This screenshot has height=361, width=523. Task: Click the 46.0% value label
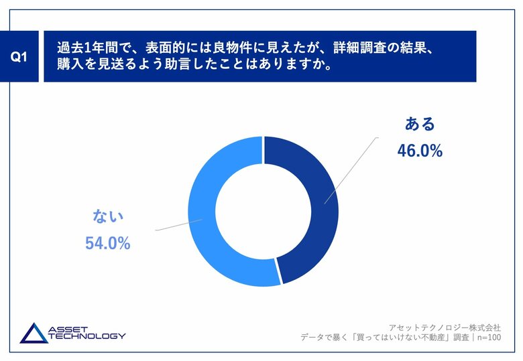click(420, 151)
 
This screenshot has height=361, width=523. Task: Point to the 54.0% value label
click(107, 244)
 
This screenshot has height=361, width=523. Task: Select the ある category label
click(420, 124)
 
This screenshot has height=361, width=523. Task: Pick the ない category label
click(108, 216)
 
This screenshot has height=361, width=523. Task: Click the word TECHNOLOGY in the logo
click(86, 336)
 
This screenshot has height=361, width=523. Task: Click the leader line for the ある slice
click(353, 167)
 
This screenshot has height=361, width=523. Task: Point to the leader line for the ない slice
click(177, 225)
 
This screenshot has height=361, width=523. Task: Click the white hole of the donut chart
click(263, 211)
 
